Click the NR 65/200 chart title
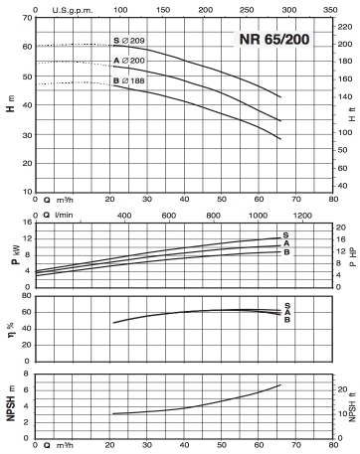[274, 39]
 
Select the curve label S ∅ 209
[129, 41]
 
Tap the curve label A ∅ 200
[129, 61]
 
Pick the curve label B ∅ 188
[129, 80]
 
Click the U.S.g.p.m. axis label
[73, 10]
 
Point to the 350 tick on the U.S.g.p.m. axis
[330, 10]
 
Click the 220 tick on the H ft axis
[345, 27]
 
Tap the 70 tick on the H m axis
[27, 18]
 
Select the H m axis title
[11, 103]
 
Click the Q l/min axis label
[58, 215]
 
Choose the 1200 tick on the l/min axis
[302, 216]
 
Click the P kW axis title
[16, 255]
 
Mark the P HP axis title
[353, 257]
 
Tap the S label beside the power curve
[285, 235]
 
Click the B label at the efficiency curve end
[287, 320]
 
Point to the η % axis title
[10, 331]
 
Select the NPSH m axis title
[11, 403]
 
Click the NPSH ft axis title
[353, 407]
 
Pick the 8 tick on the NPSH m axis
[26, 374]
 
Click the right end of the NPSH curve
[280, 384]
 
